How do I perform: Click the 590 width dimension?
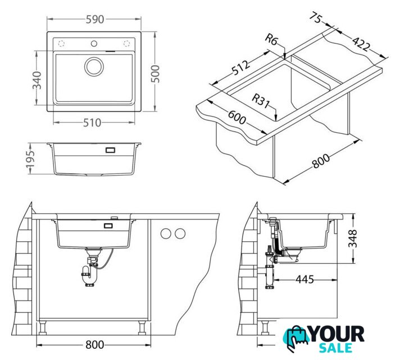pyautogui.click(x=94, y=20)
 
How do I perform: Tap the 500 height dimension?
pyautogui.click(x=155, y=74)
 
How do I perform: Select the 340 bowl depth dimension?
pyautogui.click(x=37, y=80)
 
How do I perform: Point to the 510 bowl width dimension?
pyautogui.click(x=92, y=123)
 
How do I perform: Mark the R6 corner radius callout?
pyautogui.click(x=271, y=39)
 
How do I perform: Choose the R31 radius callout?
pyautogui.click(x=261, y=101)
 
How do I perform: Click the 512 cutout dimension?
pyautogui.click(x=241, y=68)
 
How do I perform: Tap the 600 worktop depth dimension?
pyautogui.click(x=237, y=117)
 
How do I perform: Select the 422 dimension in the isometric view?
pyautogui.click(x=361, y=44)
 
